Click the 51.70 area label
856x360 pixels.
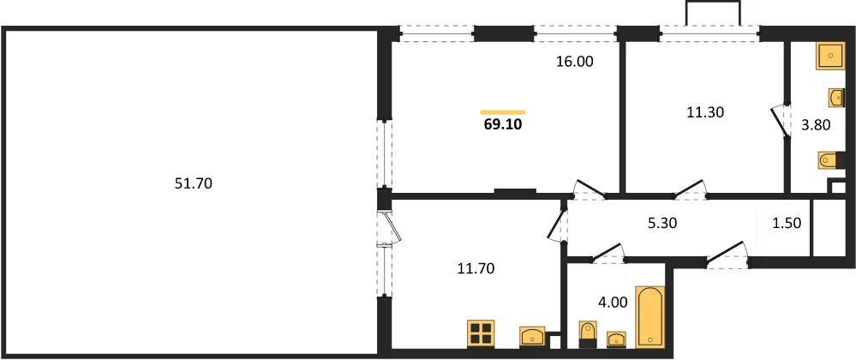[193, 184]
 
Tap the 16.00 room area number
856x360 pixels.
[574, 62]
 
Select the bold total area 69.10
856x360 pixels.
[503, 124]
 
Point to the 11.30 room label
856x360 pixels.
[705, 112]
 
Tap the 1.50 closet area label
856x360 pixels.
[786, 223]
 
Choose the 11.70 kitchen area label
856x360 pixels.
[476, 268]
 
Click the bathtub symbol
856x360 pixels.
[650, 317]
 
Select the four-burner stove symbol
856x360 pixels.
[481, 333]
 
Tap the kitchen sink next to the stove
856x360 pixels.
[532, 336]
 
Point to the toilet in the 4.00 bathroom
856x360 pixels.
[588, 334]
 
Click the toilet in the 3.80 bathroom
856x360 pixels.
[829, 160]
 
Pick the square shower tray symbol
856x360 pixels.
[830, 56]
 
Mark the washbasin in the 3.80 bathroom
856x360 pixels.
[836, 97]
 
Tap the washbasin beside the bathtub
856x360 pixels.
[616, 339]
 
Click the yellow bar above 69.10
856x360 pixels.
[503, 112]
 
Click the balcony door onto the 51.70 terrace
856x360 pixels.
[391, 228]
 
